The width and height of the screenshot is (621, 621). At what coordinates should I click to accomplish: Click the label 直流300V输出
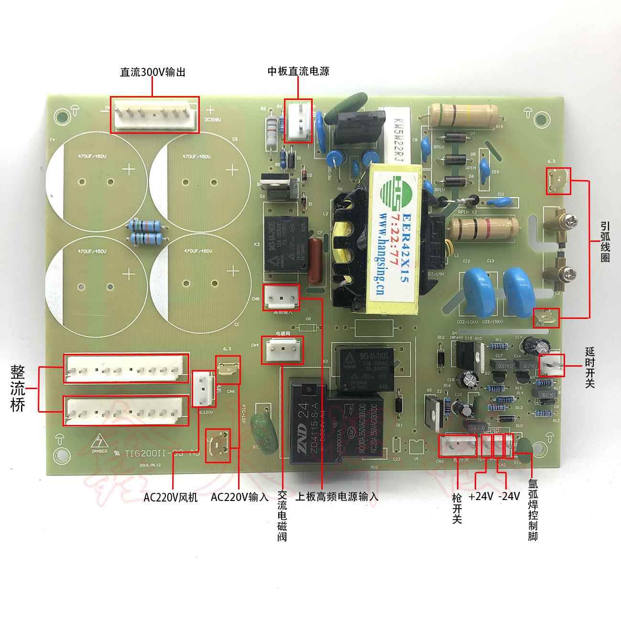point(152,72)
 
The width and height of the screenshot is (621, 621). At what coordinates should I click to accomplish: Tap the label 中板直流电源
point(298,71)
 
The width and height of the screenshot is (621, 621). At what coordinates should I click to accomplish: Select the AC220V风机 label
point(170,497)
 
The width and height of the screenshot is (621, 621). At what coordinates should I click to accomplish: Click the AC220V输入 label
point(240,497)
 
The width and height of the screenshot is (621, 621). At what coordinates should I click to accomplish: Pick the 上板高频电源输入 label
point(337,497)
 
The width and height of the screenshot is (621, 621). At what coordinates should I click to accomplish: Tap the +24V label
point(480,497)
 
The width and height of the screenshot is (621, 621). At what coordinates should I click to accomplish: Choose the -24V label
point(509,497)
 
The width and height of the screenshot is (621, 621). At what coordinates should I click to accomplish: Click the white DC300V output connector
point(154,115)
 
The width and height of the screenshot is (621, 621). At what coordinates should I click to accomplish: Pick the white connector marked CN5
point(281,299)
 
